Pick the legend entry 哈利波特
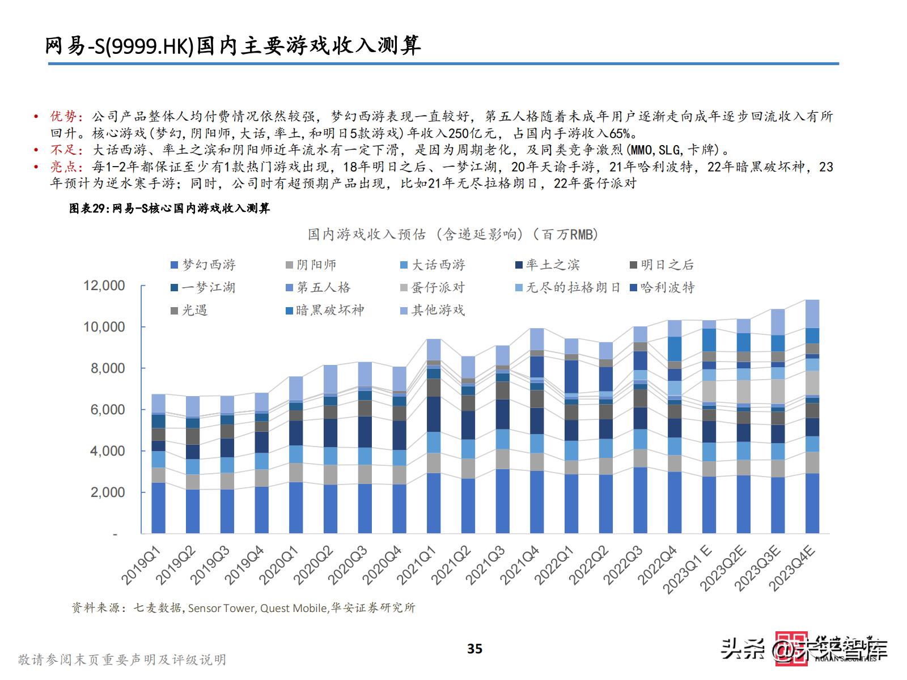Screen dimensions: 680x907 point(662,287)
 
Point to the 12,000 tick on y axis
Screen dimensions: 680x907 point(104,286)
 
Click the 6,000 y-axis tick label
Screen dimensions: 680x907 point(108,410)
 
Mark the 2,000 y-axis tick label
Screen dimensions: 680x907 point(108,492)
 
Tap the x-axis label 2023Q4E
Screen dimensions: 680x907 point(792,568)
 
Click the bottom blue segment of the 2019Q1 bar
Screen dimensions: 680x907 point(159,508)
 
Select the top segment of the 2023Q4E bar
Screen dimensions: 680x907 point(812,313)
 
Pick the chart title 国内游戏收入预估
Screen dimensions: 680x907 point(453,235)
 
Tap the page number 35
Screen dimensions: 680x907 point(474,649)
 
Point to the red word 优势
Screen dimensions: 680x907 point(63,117)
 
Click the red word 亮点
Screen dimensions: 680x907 point(63,167)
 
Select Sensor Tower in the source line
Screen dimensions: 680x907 point(221,608)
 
